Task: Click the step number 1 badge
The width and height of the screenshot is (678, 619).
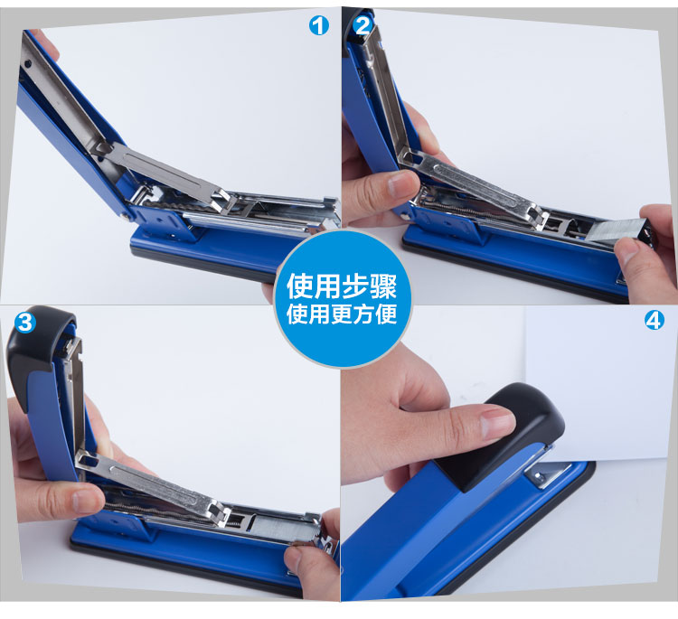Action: (x=319, y=26)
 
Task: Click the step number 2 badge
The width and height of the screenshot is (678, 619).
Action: (x=363, y=26)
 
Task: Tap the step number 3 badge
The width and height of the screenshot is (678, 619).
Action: (x=25, y=322)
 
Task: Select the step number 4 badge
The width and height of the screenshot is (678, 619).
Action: (x=654, y=320)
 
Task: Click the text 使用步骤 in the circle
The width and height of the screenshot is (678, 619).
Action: (x=342, y=286)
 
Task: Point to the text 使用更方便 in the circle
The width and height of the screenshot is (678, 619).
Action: (x=342, y=314)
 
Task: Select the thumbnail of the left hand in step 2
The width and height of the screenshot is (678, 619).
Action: (x=403, y=183)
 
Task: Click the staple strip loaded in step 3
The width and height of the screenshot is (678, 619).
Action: (x=285, y=528)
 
